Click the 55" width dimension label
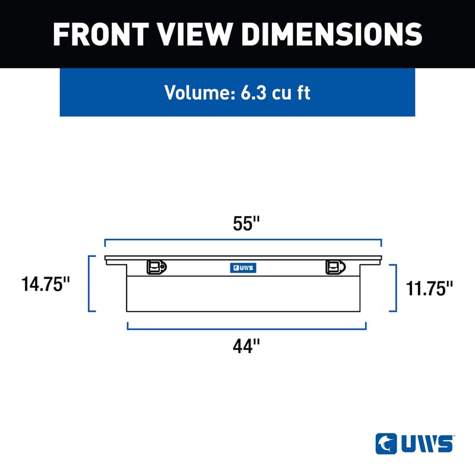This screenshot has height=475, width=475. (246, 224)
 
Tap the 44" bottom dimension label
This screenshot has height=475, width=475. (246, 346)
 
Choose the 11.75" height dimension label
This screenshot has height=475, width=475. (430, 289)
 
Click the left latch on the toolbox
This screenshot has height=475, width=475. (156, 267)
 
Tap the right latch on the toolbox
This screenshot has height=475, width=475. (335, 267)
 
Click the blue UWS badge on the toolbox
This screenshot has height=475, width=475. (243, 268)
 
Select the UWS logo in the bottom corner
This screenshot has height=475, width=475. (414, 443)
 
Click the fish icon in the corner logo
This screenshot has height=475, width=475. (386, 443)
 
